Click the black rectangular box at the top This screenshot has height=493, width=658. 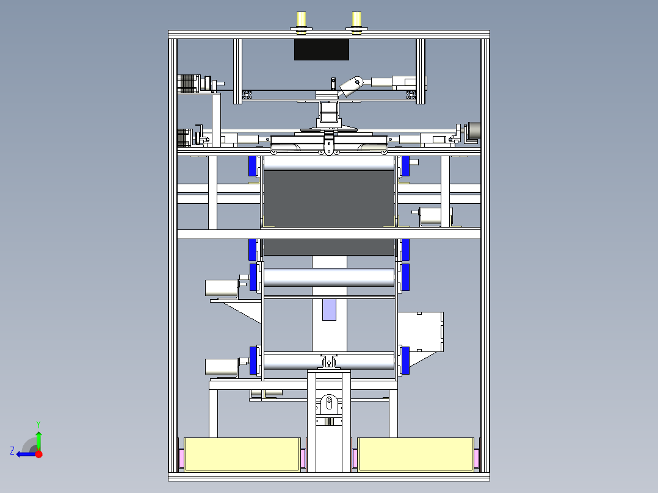322,49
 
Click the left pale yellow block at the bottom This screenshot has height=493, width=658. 242,455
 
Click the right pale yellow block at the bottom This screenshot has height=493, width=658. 416,455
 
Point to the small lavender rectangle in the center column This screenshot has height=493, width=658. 330,309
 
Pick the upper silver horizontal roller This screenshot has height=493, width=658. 329,278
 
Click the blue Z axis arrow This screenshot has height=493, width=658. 27,454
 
